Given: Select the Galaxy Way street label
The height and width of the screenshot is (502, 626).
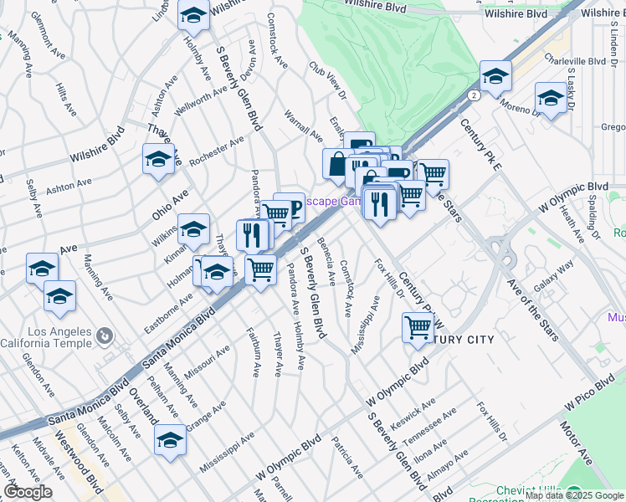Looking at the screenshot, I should point(553,276).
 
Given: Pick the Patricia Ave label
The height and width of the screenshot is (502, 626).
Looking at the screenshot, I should point(346,456).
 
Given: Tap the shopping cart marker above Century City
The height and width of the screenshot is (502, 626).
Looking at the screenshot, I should point(418,327).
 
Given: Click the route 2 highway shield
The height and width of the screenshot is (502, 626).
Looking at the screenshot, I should point(475,95).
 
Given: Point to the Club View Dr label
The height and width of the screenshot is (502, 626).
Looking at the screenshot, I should point(327,83).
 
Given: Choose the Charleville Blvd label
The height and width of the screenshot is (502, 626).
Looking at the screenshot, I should point(574,60).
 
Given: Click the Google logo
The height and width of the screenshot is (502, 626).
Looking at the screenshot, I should point(28,492).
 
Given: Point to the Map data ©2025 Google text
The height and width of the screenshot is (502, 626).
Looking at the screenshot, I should point(574,496).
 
